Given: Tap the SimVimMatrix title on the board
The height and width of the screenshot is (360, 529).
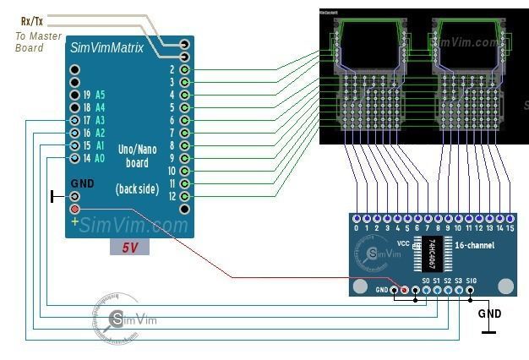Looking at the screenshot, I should [106, 48].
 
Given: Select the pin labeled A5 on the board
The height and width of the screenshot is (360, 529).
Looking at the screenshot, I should [100, 95].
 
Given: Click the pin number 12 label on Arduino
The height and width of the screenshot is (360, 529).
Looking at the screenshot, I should [172, 196].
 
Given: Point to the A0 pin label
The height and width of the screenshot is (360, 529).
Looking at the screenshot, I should [100, 158].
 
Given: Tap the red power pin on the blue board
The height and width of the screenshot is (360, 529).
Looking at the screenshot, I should [75, 210].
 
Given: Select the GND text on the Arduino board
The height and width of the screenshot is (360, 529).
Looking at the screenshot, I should [82, 183].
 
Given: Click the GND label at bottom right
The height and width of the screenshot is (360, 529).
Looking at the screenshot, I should [489, 314].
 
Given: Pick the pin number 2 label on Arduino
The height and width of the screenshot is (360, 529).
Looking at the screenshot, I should [172, 69].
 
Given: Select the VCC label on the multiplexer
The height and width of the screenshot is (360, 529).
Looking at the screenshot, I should [403, 243].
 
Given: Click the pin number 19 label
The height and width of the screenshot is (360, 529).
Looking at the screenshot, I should [86, 95].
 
